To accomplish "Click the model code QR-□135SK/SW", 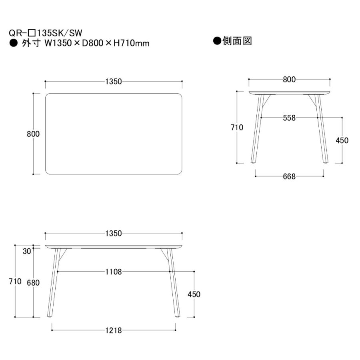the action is (46, 33).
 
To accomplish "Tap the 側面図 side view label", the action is (237, 41).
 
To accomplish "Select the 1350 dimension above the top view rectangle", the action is (114, 82).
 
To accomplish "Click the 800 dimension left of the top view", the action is (33, 134).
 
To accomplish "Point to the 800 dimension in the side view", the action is (289, 80).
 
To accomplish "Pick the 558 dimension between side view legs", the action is (289, 118).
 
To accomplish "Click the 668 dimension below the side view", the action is (289, 176).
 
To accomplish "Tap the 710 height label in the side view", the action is (237, 127).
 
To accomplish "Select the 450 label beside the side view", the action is (342, 140).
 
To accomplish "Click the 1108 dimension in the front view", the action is (114, 272).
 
